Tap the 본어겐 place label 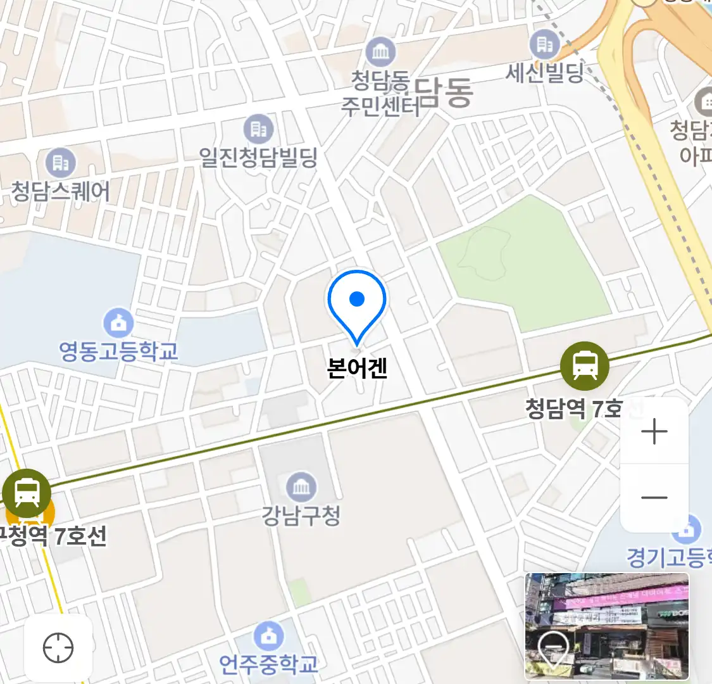tap(357, 368)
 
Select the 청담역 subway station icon tap(585, 366)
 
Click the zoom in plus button tap(654, 432)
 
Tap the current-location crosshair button tap(58, 648)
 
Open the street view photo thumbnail tap(606, 626)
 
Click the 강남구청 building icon tap(301, 487)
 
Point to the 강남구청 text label tap(301, 516)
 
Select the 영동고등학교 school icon tap(118, 323)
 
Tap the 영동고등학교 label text tap(118, 351)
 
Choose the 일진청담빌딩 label tap(258, 157)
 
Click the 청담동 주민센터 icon tap(380, 52)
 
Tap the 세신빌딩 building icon tap(544, 44)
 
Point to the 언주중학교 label tap(269, 664)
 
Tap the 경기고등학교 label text tap(668, 557)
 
